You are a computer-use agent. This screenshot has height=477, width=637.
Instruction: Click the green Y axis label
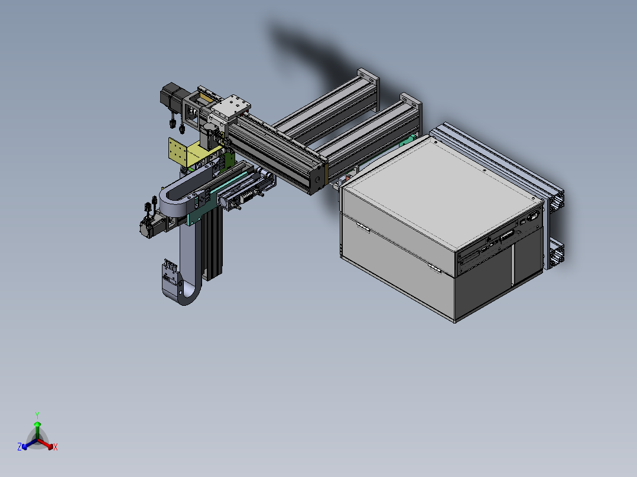37,415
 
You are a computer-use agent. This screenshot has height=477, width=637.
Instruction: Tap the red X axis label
56,447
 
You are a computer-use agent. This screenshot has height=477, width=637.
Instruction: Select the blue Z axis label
19,446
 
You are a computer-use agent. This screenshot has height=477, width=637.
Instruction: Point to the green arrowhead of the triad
37,424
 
